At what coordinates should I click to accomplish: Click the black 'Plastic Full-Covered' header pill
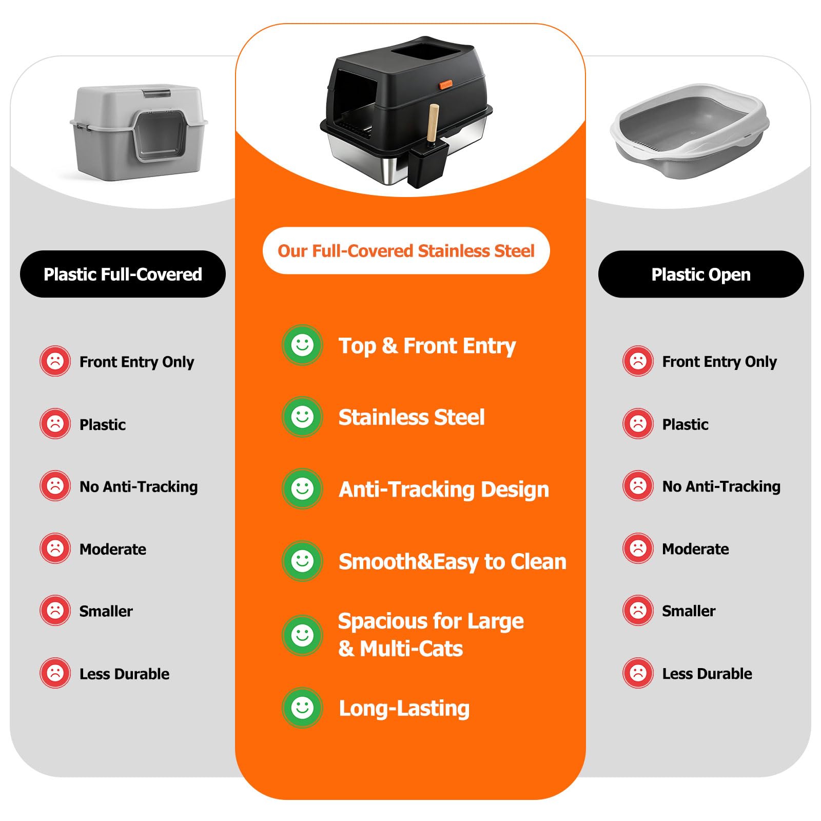point(123,274)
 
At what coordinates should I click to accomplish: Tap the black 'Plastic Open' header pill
point(701,274)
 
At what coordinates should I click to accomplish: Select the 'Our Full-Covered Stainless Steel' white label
point(406,250)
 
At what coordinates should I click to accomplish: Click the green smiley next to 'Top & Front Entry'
point(302,345)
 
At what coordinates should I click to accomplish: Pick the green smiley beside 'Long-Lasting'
point(302,708)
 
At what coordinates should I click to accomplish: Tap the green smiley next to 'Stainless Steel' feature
point(302,417)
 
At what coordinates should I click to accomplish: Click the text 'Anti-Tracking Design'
point(444,489)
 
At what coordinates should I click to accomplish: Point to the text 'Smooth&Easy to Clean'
point(453,561)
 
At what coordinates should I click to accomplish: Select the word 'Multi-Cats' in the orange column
point(412,649)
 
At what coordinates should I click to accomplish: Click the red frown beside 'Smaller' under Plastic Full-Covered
point(55,611)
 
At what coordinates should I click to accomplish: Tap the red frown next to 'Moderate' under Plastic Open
point(638,548)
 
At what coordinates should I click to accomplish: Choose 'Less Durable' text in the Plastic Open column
point(707,673)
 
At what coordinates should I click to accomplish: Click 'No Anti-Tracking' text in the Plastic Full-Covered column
point(139,486)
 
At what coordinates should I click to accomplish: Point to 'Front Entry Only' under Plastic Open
point(719,362)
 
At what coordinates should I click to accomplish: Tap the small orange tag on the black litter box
point(445,85)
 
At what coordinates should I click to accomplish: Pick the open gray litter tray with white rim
point(690,131)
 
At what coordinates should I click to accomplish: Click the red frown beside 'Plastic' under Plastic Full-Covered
point(55,424)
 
